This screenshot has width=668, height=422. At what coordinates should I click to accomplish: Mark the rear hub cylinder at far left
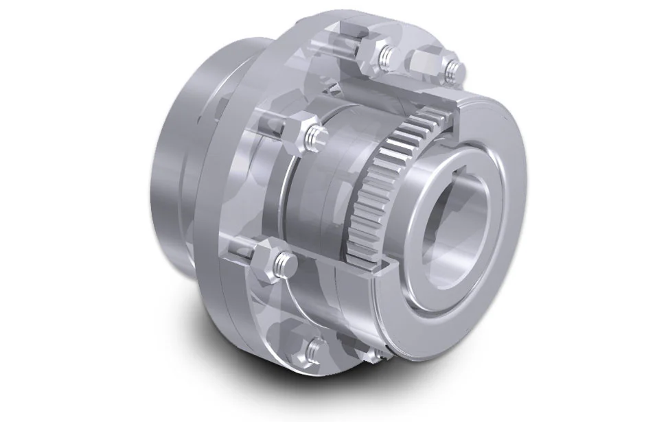pos(175,165)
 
